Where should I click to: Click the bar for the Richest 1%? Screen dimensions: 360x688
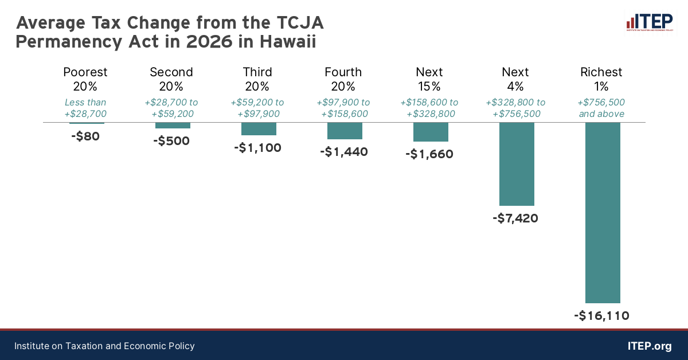point(602,213)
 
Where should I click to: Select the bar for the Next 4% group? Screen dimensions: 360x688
point(517,164)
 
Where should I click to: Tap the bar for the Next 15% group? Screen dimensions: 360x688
point(431,132)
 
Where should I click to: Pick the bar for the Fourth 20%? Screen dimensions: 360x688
point(345,131)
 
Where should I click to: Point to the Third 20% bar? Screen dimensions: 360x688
point(259,129)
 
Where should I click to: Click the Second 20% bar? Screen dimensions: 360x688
point(173,126)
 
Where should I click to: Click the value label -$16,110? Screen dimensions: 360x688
point(601,315)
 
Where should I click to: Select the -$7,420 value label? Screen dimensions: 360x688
point(515,218)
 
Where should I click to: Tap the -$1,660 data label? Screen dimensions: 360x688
point(429,154)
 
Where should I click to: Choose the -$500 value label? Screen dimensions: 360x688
point(171,141)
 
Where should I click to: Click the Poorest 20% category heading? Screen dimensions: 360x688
point(85,79)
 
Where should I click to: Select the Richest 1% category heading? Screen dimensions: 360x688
point(601,79)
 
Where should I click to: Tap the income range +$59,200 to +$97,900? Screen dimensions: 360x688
point(257,108)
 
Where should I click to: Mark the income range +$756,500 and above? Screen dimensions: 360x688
point(601,108)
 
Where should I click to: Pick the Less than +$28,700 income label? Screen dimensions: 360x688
point(85,108)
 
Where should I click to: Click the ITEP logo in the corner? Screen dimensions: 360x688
point(649,22)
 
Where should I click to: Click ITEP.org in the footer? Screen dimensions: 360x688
point(650,346)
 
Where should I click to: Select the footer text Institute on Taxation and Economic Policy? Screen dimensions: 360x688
point(104,346)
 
